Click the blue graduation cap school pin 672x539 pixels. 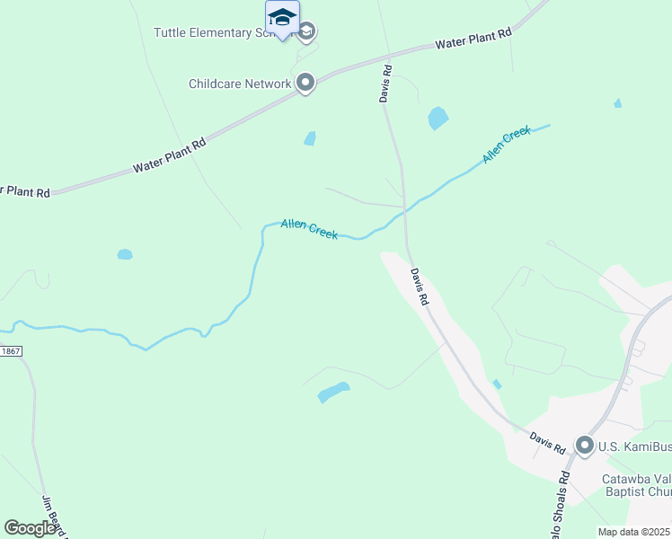tap(282, 18)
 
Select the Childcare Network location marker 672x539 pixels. tap(305, 84)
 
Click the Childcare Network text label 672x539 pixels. tap(240, 84)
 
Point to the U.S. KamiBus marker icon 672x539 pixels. tap(585, 445)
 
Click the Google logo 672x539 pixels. tap(31, 528)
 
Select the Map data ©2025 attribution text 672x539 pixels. tap(633, 532)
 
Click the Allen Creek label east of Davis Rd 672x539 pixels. tap(507, 145)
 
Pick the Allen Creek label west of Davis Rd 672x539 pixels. tap(309, 228)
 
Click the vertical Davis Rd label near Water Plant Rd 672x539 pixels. tap(385, 83)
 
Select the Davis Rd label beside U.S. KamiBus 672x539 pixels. tap(547, 442)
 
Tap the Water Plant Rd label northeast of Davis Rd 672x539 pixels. tap(473, 38)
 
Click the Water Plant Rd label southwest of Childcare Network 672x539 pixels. tap(170, 155)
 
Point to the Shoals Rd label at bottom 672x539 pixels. tap(554, 508)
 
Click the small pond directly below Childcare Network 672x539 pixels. tap(310, 138)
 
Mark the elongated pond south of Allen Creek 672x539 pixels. tap(333, 392)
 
